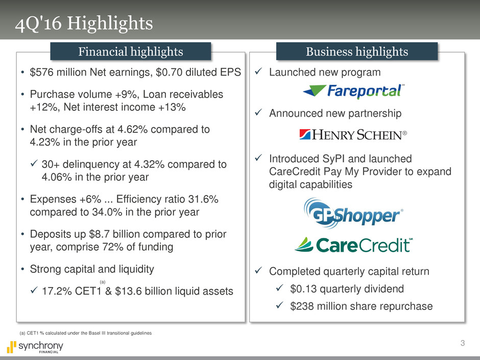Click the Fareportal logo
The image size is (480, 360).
[x=353, y=91]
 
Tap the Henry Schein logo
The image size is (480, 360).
[x=353, y=135]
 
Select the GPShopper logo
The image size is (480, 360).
[x=353, y=213]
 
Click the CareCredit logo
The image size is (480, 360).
[x=353, y=245]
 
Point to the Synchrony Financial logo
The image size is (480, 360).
[x=35, y=347]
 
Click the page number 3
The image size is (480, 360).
[x=463, y=343]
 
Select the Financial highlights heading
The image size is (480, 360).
[x=131, y=52]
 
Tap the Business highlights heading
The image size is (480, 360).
[x=357, y=52]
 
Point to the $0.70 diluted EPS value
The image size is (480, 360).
[x=198, y=72]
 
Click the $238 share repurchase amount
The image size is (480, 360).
[x=302, y=306]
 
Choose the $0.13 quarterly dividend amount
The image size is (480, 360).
[x=303, y=289]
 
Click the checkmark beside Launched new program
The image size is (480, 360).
[x=258, y=71]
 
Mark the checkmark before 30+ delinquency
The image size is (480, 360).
[x=34, y=163]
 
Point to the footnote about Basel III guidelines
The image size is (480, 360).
[x=85, y=333]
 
